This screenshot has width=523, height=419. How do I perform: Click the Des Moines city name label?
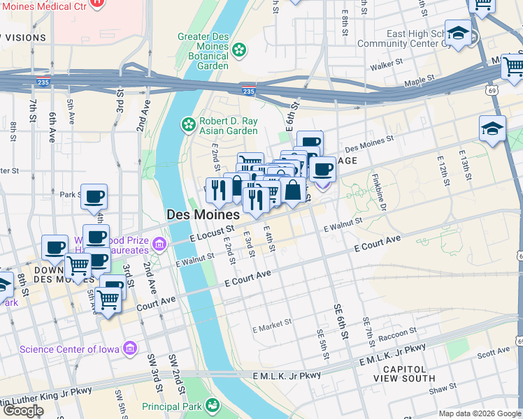tap(203, 215)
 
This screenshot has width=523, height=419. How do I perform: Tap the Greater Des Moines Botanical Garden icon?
tap(240, 49)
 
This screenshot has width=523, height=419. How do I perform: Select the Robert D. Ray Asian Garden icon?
tap(188, 124)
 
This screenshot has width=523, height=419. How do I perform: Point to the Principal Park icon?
tap(212, 406)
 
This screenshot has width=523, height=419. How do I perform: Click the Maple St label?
tap(420, 82)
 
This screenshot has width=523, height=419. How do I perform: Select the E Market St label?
tap(271, 326)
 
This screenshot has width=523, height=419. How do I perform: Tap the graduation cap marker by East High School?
tap(459, 32)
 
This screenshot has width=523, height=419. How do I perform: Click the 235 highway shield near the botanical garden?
tap(248, 91)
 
